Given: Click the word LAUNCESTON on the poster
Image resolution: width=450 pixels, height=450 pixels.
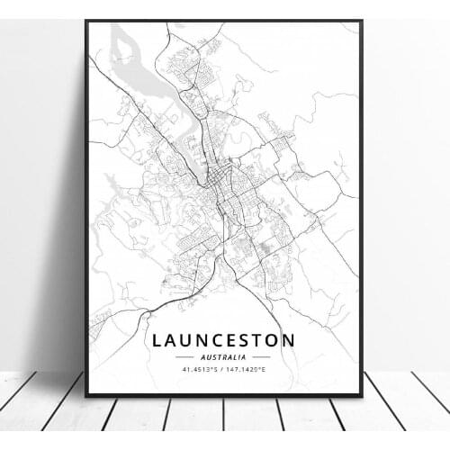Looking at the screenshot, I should point(222,341).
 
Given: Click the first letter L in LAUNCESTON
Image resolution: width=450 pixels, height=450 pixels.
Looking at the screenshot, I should point(157,341).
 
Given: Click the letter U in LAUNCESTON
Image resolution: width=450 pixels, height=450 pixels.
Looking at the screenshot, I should point(186,341).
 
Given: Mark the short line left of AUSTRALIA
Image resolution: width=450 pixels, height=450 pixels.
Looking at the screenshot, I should point(186,357).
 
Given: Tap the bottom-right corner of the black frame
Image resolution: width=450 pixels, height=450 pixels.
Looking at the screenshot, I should point(361,395).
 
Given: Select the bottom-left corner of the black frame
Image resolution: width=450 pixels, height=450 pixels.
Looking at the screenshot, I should point(86,395).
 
